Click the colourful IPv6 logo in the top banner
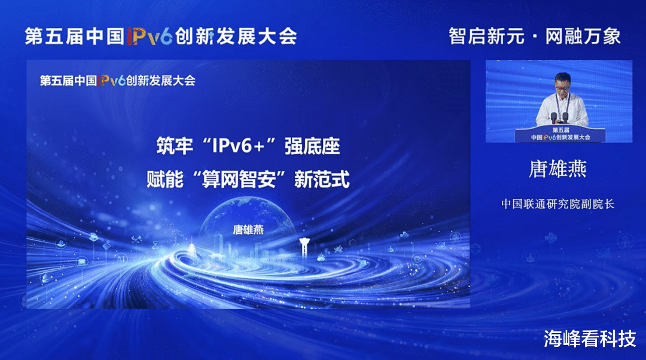point(150,36)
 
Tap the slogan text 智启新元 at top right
point(486,36)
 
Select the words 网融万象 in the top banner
point(583,36)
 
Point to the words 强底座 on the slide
point(312,147)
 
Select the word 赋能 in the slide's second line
point(165,179)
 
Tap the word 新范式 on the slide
point(322,179)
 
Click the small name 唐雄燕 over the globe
point(248,230)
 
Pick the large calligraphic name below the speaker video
point(557,169)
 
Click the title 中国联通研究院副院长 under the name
point(557,204)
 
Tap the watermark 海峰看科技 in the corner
point(590,338)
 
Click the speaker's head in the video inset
point(562,83)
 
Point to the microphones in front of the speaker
point(559,117)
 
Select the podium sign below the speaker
point(560,135)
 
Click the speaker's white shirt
point(562,109)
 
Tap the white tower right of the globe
point(304,248)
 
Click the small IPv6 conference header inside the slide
point(117,80)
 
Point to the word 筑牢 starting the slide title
point(174,147)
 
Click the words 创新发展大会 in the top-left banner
point(236,36)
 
